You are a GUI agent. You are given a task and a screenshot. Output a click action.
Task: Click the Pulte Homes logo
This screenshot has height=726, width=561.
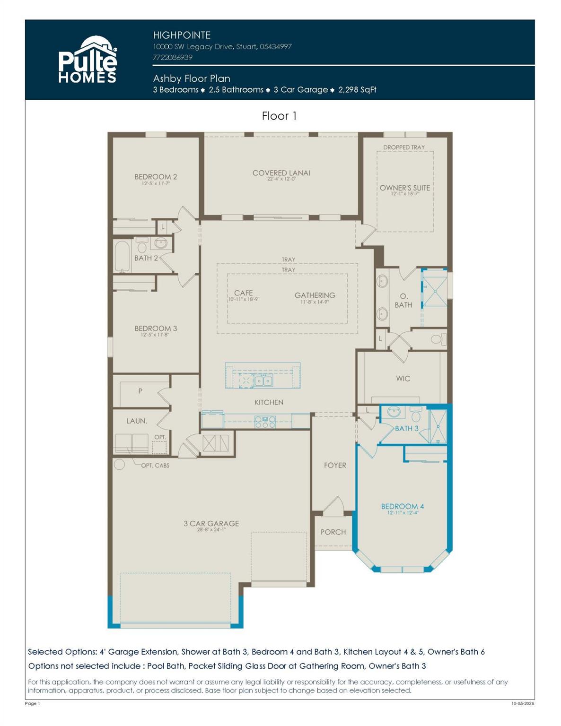pos(88,60)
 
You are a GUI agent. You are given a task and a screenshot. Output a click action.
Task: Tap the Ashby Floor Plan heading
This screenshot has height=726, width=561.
pos(192,78)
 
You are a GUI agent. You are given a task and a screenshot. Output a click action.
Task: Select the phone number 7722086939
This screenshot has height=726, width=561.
pos(173,57)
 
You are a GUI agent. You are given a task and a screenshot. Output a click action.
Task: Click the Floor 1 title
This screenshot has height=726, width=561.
pos(279,116)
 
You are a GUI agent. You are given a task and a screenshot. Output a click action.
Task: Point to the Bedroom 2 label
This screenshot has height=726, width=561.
pos(156,177)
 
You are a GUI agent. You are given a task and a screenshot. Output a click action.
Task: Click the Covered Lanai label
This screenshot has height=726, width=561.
pos(281,173)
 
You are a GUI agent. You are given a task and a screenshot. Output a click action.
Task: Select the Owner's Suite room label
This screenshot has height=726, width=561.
pos(404,188)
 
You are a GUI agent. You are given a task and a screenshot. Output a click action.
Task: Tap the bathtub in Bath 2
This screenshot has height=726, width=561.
pos(123,257)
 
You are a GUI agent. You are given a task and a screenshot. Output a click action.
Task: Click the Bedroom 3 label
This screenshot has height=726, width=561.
pos(156,328)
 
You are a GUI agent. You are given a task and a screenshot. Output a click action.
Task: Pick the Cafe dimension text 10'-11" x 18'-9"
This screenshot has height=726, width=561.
pos(244,300)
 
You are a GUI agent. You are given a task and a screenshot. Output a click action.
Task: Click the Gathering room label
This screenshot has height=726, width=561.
pos(315,295)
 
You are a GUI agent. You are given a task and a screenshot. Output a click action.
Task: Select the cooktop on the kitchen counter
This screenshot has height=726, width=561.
pos(265,421)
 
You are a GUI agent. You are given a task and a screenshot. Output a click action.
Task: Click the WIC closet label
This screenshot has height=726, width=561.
pos(403,379)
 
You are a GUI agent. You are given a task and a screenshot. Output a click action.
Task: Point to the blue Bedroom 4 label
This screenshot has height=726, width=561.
pos(402,506)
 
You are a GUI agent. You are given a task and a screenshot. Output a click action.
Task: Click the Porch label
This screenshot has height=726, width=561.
pos(333,532)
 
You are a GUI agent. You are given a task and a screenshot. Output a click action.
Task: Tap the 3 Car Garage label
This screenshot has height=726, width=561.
pos(211,523)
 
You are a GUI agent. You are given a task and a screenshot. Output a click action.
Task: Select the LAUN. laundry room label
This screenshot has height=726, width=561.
pos(137,421)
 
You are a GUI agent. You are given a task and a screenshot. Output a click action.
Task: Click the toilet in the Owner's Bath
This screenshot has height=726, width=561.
pos(437,339)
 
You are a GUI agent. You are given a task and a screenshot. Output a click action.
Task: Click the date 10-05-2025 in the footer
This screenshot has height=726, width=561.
pos(522,704)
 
